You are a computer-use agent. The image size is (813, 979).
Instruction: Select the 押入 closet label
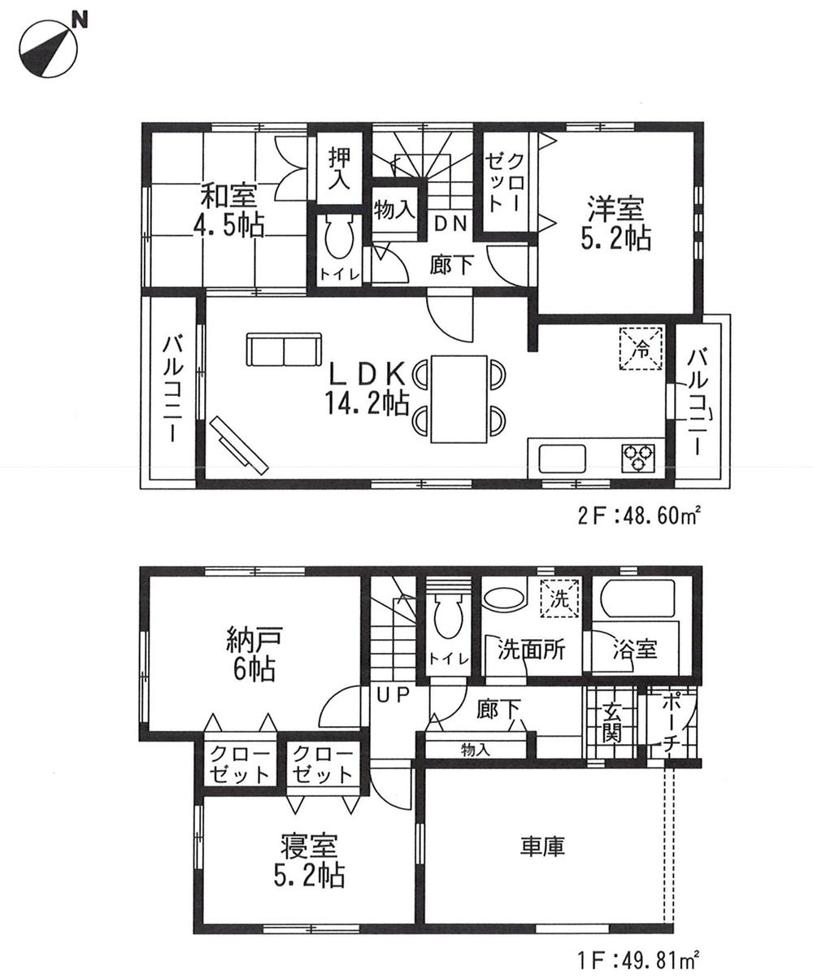[x=339, y=168]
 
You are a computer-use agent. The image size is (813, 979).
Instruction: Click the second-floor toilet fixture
[x=339, y=239]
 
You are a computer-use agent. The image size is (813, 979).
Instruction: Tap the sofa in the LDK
[x=284, y=351]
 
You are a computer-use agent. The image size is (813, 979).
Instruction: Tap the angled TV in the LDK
[x=238, y=444]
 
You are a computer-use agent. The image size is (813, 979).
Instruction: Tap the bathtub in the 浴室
[x=638, y=600]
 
